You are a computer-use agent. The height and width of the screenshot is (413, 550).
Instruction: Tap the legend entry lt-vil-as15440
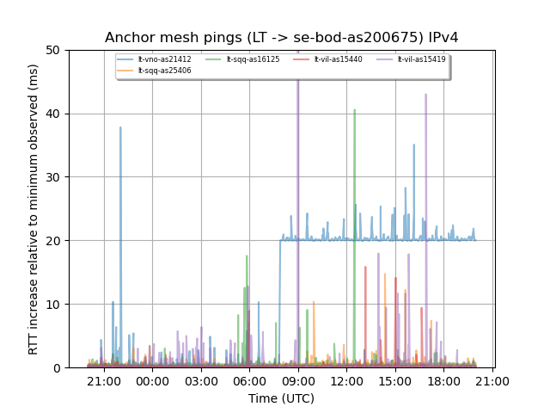[x=339, y=59]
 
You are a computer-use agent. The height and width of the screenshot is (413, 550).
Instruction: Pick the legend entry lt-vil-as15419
[x=422, y=59]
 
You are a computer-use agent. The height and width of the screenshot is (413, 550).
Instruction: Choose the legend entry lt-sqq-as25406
[x=165, y=71]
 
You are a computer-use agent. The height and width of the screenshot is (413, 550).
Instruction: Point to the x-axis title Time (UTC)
[x=281, y=398]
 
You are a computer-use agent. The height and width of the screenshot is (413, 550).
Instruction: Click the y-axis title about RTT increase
[x=34, y=209]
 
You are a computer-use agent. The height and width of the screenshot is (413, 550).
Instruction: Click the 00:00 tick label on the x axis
[x=152, y=380]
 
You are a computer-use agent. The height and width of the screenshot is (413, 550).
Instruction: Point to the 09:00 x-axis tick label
[x=297, y=380]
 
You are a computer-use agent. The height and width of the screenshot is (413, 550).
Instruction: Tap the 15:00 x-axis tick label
[x=394, y=380]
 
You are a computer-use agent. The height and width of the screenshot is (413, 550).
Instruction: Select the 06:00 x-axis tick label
[x=249, y=380]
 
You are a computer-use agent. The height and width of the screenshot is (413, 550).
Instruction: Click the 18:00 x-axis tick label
[x=443, y=380]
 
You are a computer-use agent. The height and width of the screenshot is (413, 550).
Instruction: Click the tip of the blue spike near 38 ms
[x=120, y=127]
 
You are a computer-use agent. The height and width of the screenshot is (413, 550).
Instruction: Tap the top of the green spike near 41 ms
[x=354, y=109]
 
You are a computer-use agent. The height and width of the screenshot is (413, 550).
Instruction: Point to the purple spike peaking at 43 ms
[x=425, y=95]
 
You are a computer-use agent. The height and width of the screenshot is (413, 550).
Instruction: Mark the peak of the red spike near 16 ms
[x=365, y=267]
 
